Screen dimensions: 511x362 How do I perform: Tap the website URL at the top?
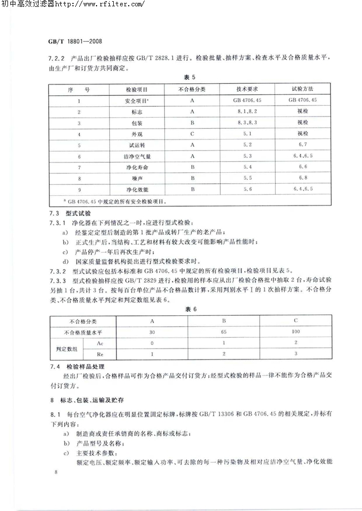tap(107, 4)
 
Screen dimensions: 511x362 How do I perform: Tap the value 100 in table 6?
tap(295, 332)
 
